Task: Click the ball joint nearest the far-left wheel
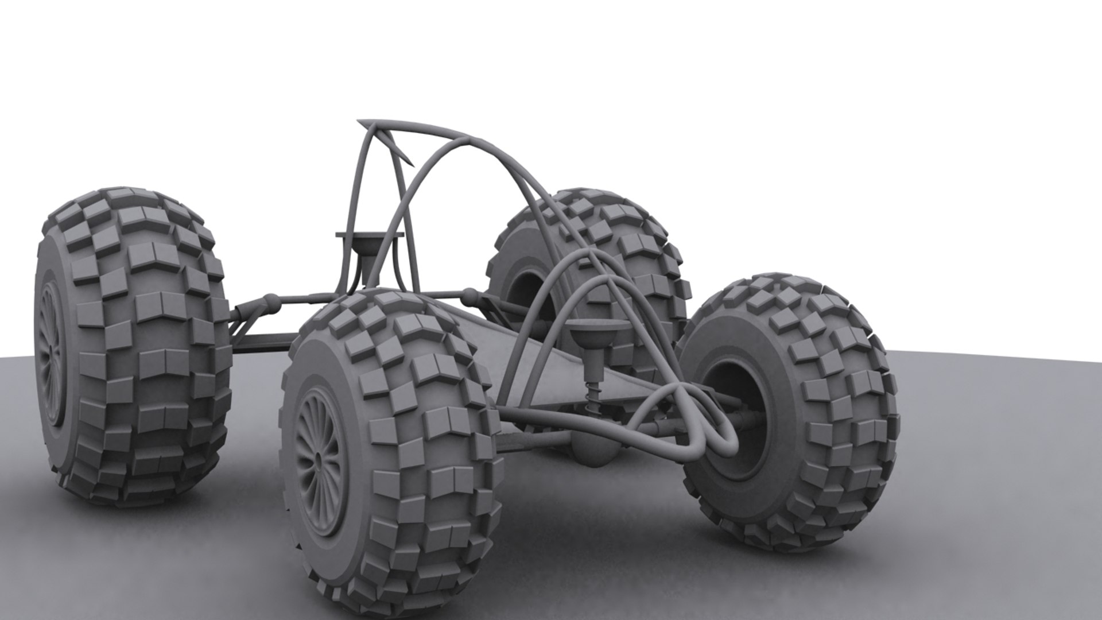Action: pyautogui.click(x=270, y=300)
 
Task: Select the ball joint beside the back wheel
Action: pyautogui.click(x=471, y=296)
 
